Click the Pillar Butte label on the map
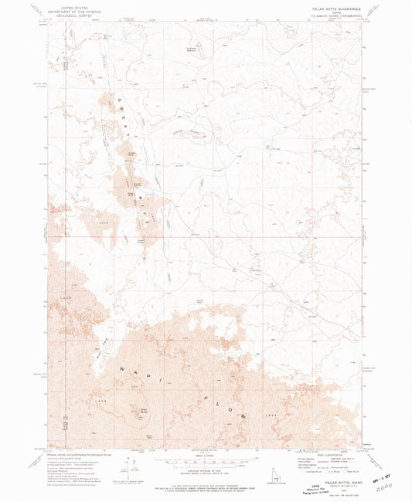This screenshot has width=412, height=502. point(145,410)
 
